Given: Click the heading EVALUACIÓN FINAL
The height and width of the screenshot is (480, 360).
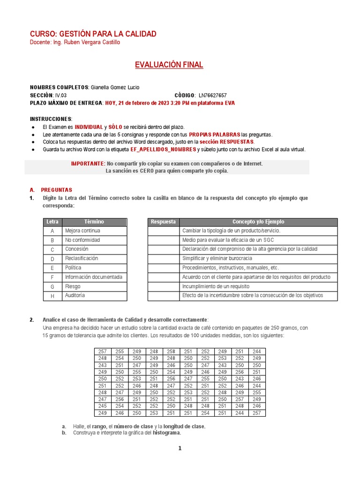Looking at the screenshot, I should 169,65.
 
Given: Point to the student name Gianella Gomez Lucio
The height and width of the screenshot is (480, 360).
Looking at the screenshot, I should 115,88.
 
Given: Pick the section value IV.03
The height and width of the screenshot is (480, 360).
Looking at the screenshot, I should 61,95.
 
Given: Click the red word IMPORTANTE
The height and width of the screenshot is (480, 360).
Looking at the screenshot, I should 88,164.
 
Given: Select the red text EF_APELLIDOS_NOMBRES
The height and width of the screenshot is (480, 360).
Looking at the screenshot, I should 157,150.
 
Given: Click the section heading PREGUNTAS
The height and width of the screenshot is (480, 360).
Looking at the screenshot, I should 57,190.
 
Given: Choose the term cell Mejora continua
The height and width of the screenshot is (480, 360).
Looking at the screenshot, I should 82,231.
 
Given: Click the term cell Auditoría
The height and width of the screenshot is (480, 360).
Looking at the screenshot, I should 75,296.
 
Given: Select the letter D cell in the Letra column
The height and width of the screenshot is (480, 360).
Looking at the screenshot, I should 52,259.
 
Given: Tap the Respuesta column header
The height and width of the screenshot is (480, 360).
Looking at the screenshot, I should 163,222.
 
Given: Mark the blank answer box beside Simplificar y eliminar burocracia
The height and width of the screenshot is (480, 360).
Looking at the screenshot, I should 163,258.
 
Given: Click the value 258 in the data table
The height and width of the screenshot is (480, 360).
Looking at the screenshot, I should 171,351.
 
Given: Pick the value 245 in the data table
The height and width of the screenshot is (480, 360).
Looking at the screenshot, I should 102,406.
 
